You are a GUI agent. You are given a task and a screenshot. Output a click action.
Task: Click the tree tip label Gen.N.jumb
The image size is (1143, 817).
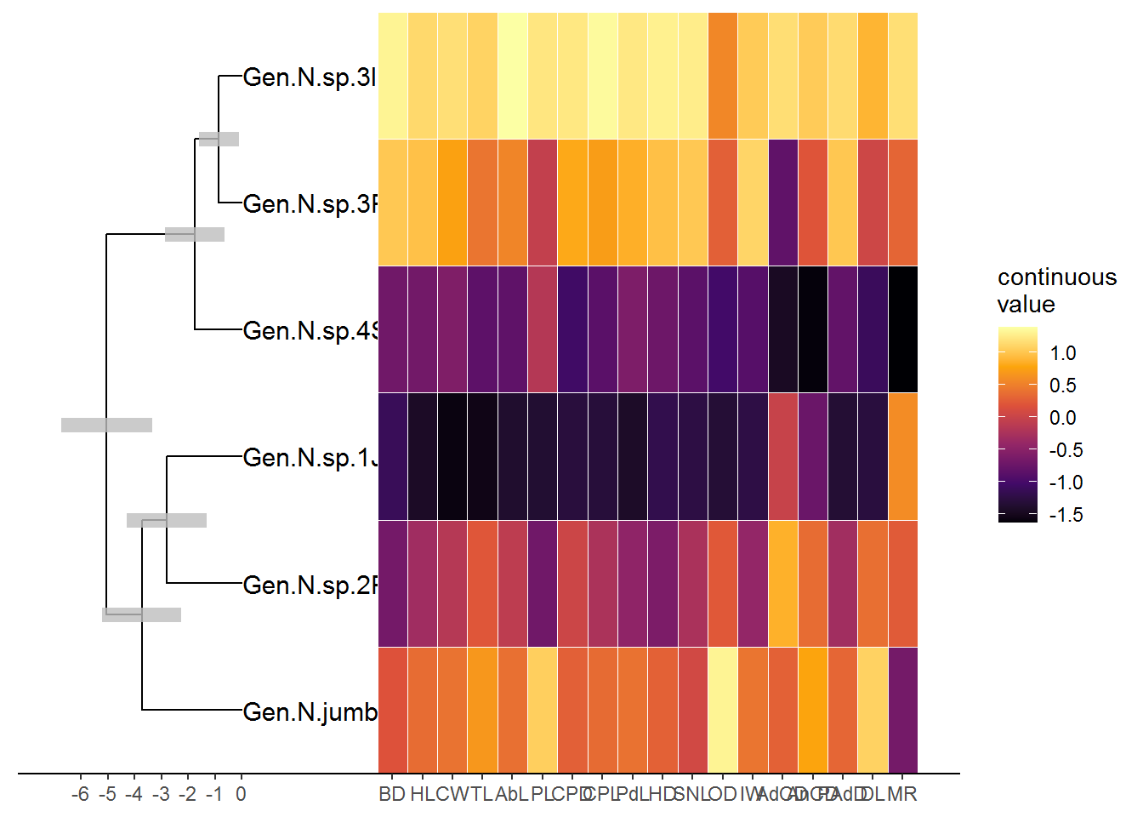310,711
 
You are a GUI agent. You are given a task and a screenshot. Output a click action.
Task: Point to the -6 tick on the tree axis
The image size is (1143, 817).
81,794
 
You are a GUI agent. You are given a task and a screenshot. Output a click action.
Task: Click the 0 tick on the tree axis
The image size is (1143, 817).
241,794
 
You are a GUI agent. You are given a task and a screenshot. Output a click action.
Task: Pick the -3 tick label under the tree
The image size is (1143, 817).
161,794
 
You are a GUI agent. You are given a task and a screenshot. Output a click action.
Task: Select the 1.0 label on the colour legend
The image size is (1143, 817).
1062,353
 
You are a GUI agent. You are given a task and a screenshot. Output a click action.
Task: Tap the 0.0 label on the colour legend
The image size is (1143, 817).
1062,418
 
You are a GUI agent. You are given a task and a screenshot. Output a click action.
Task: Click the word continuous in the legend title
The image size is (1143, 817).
1057,277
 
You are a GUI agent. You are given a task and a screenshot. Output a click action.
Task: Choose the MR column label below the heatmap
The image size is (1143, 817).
902,794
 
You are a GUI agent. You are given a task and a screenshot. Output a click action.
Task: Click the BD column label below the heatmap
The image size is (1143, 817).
392,794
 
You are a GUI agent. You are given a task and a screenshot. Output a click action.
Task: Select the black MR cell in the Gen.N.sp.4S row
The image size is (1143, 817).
902,330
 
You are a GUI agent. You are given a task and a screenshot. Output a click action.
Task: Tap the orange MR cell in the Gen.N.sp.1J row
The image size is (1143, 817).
902,457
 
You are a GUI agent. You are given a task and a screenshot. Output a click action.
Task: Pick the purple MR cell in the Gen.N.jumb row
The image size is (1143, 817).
902,711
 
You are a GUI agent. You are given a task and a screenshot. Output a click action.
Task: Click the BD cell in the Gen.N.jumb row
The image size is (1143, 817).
393,711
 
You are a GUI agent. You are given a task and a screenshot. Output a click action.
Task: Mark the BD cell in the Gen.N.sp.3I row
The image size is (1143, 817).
393,77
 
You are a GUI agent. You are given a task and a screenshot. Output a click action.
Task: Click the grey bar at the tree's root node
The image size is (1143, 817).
106,425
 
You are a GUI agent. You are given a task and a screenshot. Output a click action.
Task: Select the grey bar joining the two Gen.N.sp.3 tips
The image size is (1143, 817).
219,139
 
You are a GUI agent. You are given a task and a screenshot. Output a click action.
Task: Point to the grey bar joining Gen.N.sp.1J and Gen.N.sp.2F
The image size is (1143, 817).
167,520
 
